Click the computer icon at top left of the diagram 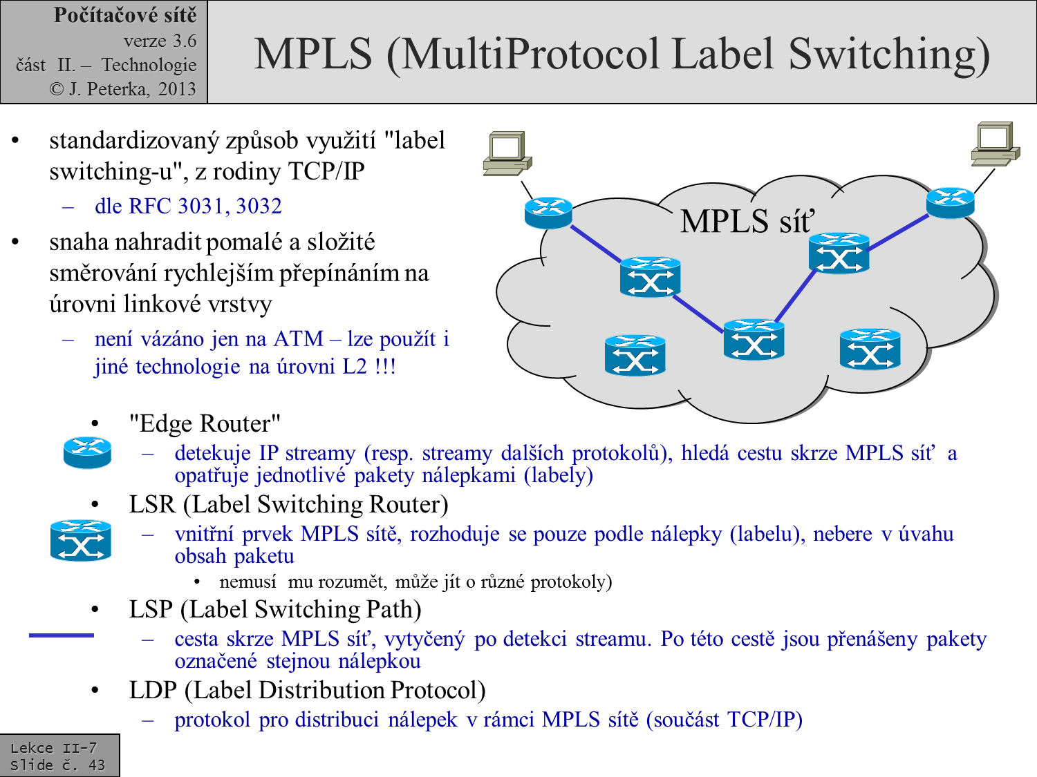pos(507,153)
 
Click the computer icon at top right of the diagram pos(996,143)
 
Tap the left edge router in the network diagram pos(548,213)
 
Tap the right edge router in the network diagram pos(950,202)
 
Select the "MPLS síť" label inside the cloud pos(747,222)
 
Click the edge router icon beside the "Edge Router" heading pos(87,452)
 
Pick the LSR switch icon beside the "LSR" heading pos(81,539)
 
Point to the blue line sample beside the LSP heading pos(61,635)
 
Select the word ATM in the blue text pos(298,339)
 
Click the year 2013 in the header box pos(177,89)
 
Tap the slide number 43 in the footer pos(97,765)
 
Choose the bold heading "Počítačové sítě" pos(125,15)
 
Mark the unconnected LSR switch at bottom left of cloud pos(635,355)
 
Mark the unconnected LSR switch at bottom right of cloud pos(870,349)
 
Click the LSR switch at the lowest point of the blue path pos(754,339)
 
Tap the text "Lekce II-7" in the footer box pos(53,748)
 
